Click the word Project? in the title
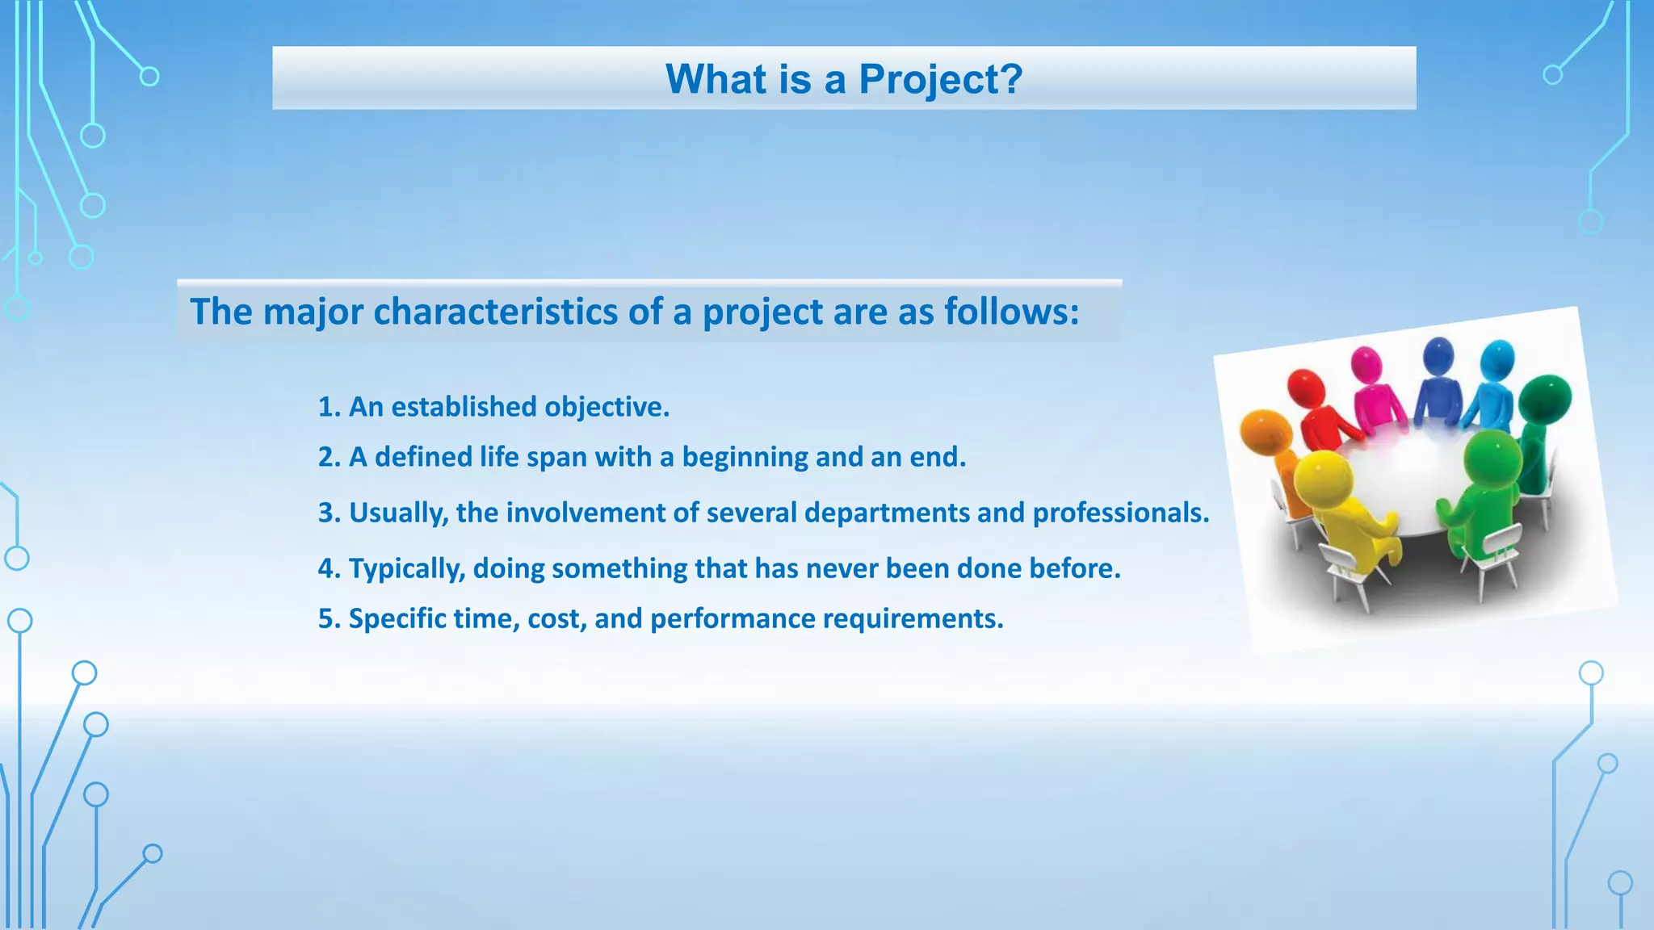tap(940, 79)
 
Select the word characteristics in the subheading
tap(495, 312)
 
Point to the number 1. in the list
tap(330, 407)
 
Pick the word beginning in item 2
tap(745, 457)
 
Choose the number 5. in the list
tap(330, 618)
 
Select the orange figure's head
tap(1266, 433)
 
